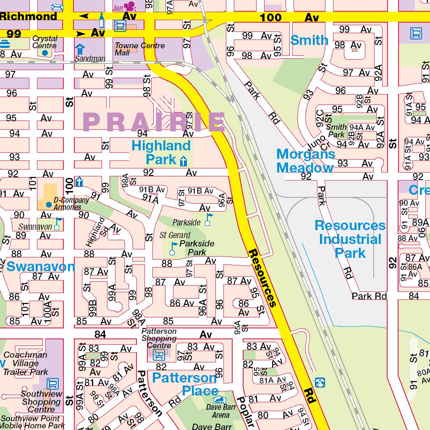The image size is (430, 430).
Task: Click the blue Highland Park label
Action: point(161,152)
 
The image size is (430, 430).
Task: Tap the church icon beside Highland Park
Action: point(183,161)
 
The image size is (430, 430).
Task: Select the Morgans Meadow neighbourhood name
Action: point(305,161)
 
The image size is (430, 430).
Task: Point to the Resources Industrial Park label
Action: point(350,239)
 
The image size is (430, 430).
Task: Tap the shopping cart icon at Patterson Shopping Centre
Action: point(159,355)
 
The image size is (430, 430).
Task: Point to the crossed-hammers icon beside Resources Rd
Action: point(320,382)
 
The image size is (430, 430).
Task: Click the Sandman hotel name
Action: point(90,59)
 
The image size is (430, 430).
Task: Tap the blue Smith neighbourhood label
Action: point(309,40)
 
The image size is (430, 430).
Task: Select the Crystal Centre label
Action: point(45,42)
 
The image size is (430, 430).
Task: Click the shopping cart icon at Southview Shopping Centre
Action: point(52,383)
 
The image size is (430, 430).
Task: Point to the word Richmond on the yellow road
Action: point(29,16)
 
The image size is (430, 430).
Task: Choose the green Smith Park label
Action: point(336,131)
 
